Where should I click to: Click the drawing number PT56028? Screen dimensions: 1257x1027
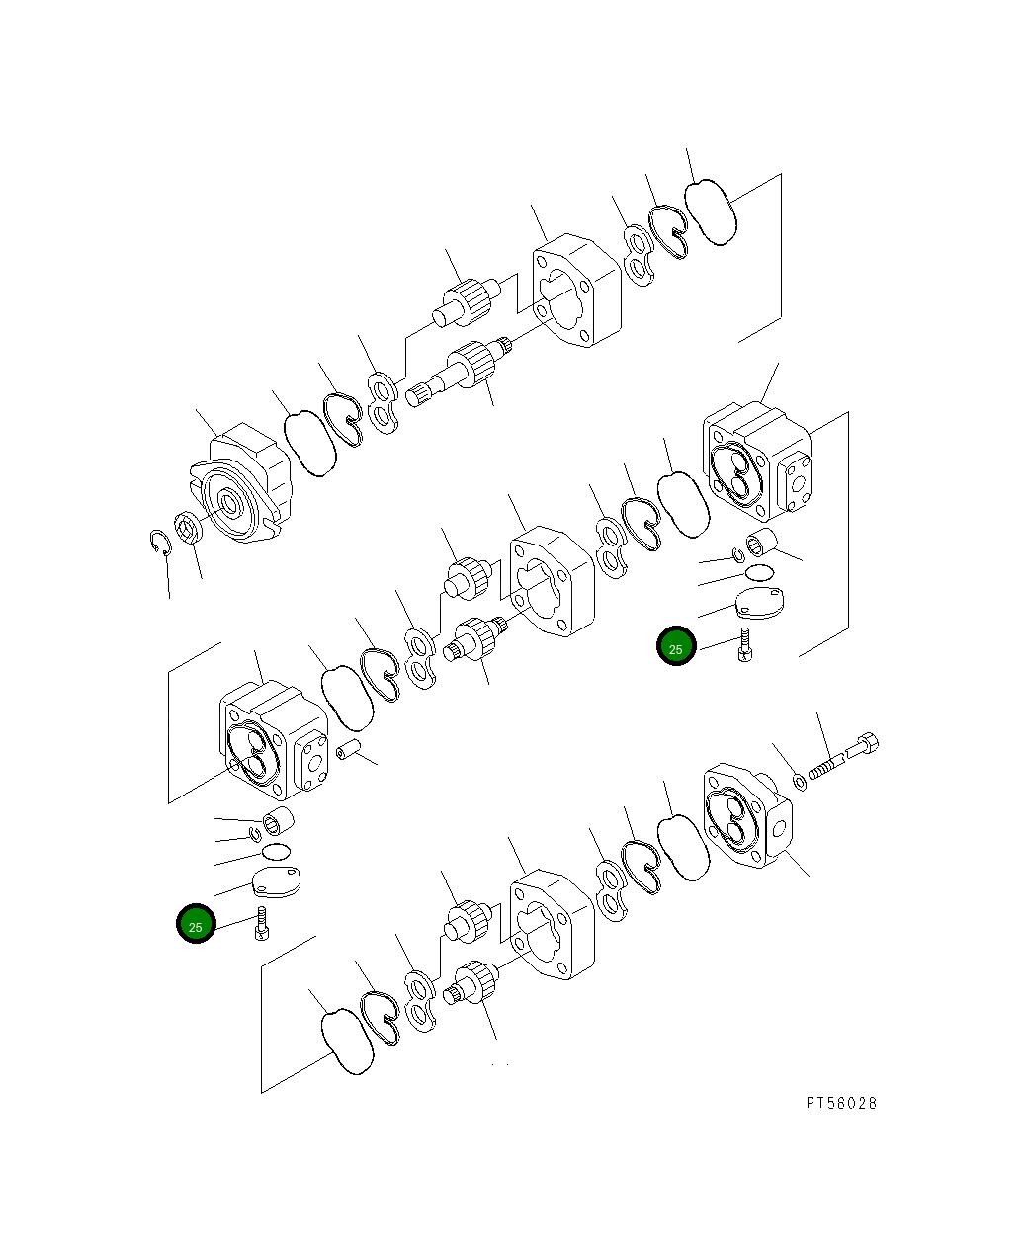coord(840,1103)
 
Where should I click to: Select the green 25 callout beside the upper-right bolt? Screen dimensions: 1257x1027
coord(676,648)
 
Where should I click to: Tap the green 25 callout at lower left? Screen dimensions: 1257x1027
coord(196,925)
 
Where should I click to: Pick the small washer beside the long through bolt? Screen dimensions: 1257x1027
coord(801,783)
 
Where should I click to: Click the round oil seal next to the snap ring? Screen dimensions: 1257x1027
coord(188,526)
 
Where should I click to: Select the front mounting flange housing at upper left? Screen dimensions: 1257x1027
coord(242,484)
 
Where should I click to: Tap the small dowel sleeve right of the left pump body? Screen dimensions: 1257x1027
coord(347,751)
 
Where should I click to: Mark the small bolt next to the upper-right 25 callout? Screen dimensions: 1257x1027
coord(745,645)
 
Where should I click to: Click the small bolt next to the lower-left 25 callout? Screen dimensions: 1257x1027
coord(262,923)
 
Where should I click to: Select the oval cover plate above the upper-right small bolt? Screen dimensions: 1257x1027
coord(760,602)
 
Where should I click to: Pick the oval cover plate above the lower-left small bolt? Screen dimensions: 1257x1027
coord(278,881)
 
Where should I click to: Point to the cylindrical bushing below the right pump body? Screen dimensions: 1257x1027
coord(765,543)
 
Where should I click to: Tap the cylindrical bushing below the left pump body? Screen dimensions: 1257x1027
coord(278,819)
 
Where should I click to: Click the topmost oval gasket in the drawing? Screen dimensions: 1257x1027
coord(712,210)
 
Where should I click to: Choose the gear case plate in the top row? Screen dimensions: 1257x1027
coord(576,290)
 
